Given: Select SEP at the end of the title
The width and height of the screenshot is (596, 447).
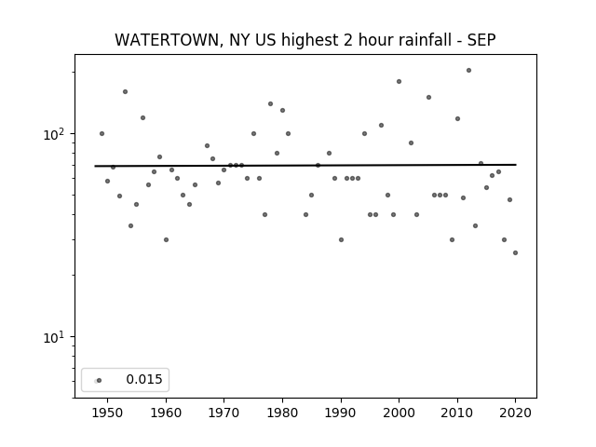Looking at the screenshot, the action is pyautogui.click(x=481, y=40).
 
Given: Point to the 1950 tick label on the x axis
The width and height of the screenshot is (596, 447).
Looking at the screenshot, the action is pyautogui.click(x=107, y=413).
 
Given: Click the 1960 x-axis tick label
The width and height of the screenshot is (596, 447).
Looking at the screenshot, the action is pyautogui.click(x=166, y=413).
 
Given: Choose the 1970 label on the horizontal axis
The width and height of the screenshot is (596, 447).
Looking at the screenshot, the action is pyautogui.click(x=223, y=413).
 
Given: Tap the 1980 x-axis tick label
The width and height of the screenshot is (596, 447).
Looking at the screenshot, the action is pyautogui.click(x=282, y=413).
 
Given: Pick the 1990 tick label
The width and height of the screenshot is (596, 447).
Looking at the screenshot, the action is pyautogui.click(x=341, y=413).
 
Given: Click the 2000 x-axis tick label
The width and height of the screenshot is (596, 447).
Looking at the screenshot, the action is pyautogui.click(x=399, y=413).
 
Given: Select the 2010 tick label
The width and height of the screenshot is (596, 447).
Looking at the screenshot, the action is pyautogui.click(x=457, y=413).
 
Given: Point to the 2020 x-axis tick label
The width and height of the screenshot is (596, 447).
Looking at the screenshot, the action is pyautogui.click(x=515, y=413).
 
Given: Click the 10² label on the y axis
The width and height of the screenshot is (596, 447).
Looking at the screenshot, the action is pyautogui.click(x=56, y=134).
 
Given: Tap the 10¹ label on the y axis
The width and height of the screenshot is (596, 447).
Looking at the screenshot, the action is pyautogui.click(x=56, y=337).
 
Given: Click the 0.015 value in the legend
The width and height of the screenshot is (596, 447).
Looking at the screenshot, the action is pyautogui.click(x=144, y=379).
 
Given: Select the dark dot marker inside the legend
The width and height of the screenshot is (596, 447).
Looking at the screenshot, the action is pyautogui.click(x=100, y=381).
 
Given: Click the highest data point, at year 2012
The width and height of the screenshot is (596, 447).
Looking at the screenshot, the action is pyautogui.click(x=468, y=71).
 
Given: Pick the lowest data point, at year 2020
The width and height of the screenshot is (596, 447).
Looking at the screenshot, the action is pyautogui.click(x=515, y=252).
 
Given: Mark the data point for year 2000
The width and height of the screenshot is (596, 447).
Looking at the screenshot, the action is pyautogui.click(x=399, y=81).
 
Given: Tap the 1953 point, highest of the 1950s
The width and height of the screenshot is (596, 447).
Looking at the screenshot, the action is pyautogui.click(x=125, y=91).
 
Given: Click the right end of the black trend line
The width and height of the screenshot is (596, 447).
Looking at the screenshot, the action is pyautogui.click(x=516, y=165).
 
